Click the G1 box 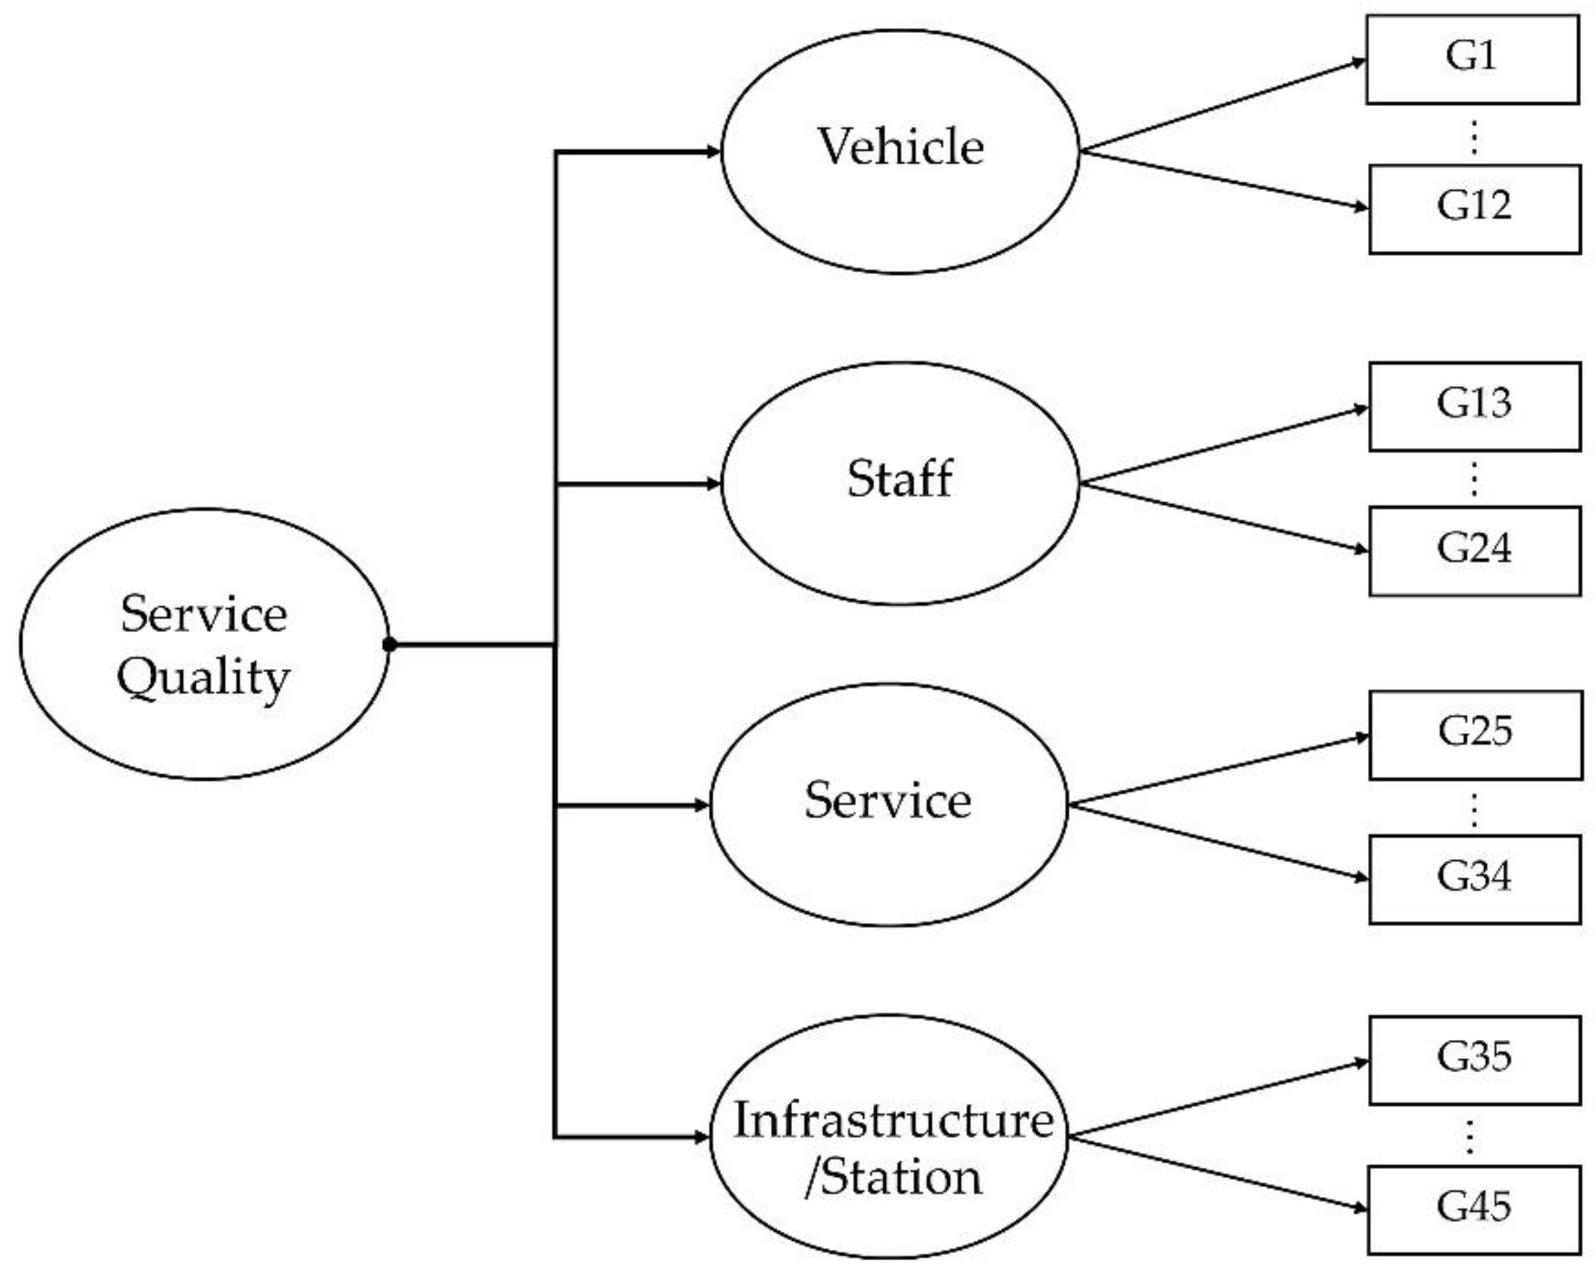(1471, 59)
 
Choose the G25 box (1475, 735)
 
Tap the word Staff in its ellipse (900, 478)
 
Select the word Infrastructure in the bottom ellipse (893, 1121)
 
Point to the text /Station (893, 1178)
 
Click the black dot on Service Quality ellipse (390, 645)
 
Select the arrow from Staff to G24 (1221, 517)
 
